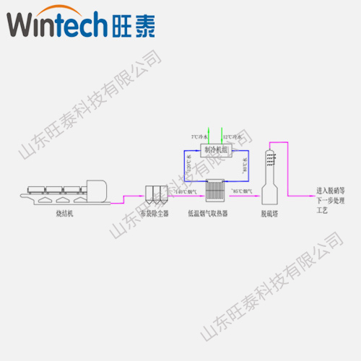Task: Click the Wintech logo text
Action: click(57, 27)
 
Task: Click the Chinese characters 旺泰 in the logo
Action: click(137, 27)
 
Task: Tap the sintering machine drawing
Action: click(64, 191)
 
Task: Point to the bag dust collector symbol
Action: click(155, 192)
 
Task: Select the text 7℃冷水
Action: click(199, 136)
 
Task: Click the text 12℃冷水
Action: click(232, 136)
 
